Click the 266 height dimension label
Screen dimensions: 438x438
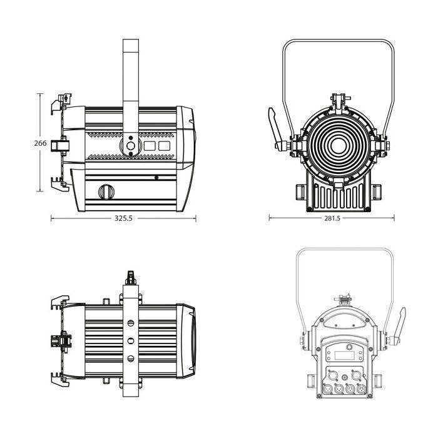point(41,143)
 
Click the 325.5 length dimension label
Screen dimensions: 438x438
point(123,218)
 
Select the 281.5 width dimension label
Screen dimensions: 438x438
point(332,218)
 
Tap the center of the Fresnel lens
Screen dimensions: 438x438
point(339,146)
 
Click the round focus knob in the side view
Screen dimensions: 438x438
point(106,192)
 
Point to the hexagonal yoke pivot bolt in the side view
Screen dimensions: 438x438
point(131,146)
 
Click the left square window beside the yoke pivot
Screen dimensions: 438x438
point(150,146)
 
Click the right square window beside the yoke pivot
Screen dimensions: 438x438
point(164,146)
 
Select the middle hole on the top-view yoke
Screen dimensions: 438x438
point(131,341)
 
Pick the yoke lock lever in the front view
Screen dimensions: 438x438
point(276,130)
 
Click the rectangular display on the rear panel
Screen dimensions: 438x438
point(344,355)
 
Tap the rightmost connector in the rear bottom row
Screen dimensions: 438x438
point(362,389)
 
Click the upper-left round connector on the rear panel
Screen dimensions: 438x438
point(332,375)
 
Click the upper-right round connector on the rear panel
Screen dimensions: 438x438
point(356,375)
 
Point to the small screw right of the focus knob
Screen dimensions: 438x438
point(156,177)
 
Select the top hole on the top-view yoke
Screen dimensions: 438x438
point(131,323)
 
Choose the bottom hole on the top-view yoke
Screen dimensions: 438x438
point(131,359)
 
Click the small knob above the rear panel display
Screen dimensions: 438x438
point(349,347)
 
